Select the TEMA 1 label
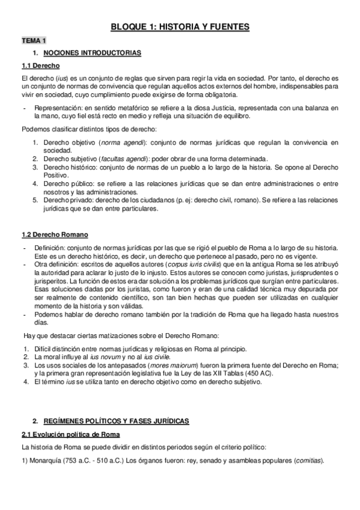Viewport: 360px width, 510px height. (x=34, y=40)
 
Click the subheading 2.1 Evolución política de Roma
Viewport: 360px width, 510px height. (x=70, y=434)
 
